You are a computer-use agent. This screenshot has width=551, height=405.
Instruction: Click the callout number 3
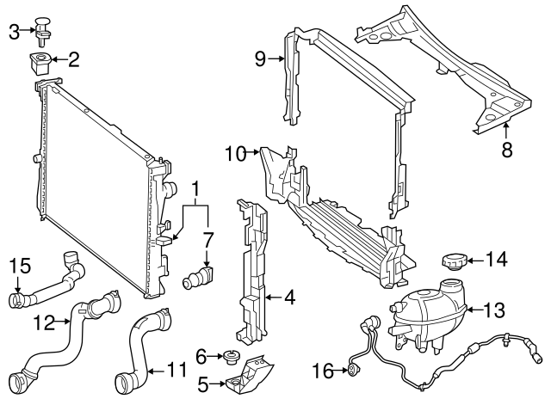point(14,33)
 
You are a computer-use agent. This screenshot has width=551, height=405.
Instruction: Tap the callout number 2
point(73,59)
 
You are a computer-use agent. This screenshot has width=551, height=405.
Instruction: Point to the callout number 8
point(506,150)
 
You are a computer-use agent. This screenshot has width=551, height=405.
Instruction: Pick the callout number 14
point(497,258)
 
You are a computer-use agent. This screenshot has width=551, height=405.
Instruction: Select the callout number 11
point(176,371)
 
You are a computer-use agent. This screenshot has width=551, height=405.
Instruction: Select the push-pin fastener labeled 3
point(44,28)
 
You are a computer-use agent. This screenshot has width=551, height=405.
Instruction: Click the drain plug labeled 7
point(200,277)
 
